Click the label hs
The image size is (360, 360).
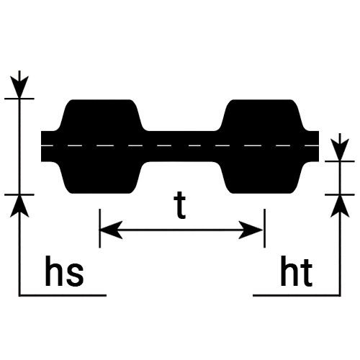point(64,271)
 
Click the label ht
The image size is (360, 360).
point(297,271)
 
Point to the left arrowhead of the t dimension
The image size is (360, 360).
point(111,230)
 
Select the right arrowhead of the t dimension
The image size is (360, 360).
point(251,230)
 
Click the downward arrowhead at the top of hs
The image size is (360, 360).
point(19,87)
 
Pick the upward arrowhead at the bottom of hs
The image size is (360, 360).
point(19,206)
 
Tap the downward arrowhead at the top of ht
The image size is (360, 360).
point(339,150)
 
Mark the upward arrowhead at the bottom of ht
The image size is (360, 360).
point(340,206)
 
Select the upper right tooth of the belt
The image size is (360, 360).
point(262,115)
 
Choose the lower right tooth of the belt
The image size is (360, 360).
point(262,177)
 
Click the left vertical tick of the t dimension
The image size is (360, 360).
point(99,228)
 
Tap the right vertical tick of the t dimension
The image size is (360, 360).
point(264,228)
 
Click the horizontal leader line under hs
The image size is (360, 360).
point(63,295)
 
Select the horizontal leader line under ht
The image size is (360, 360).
point(297,295)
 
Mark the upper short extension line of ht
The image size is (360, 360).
point(340,161)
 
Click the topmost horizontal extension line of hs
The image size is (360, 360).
point(19,99)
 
